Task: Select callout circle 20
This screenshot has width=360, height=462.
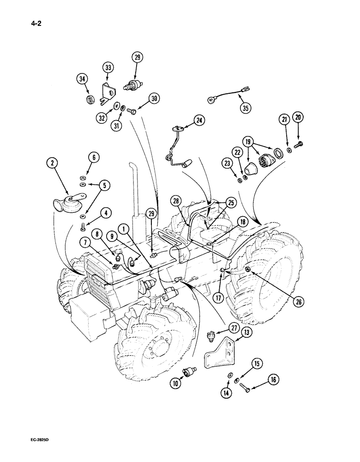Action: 299,118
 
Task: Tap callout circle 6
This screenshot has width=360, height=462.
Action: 94,158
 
